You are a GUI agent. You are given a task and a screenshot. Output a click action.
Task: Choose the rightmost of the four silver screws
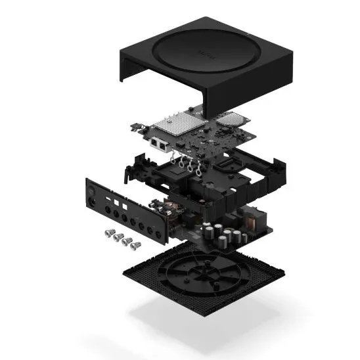click(135, 246)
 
